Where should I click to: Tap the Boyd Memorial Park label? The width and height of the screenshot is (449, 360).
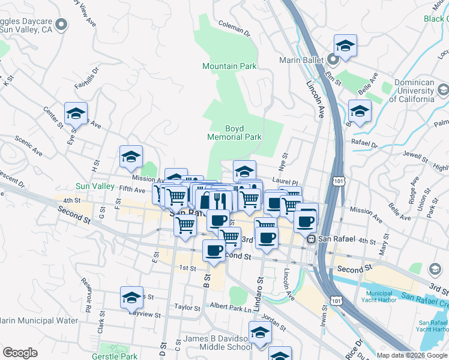[x=234, y=133]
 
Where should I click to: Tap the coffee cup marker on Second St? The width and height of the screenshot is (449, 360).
[x=214, y=250]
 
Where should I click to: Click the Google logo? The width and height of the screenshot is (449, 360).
[x=20, y=353]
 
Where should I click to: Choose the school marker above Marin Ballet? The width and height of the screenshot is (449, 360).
[x=345, y=45]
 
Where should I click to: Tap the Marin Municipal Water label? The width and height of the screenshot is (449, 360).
[x=40, y=320]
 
